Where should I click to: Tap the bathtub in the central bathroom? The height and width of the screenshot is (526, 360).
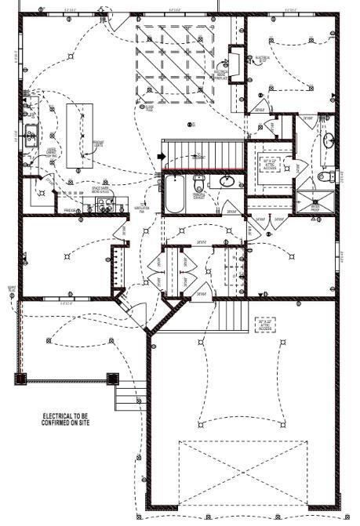(173, 194)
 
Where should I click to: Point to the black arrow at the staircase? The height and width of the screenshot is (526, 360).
(162, 157)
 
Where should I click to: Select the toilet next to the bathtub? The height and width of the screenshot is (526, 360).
(199, 185)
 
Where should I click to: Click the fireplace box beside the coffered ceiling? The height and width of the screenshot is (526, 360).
(234, 62)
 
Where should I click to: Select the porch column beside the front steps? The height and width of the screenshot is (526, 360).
(108, 380)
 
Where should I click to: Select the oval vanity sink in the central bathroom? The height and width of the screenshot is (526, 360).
(226, 182)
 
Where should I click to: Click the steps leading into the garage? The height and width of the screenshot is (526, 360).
(232, 317)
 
